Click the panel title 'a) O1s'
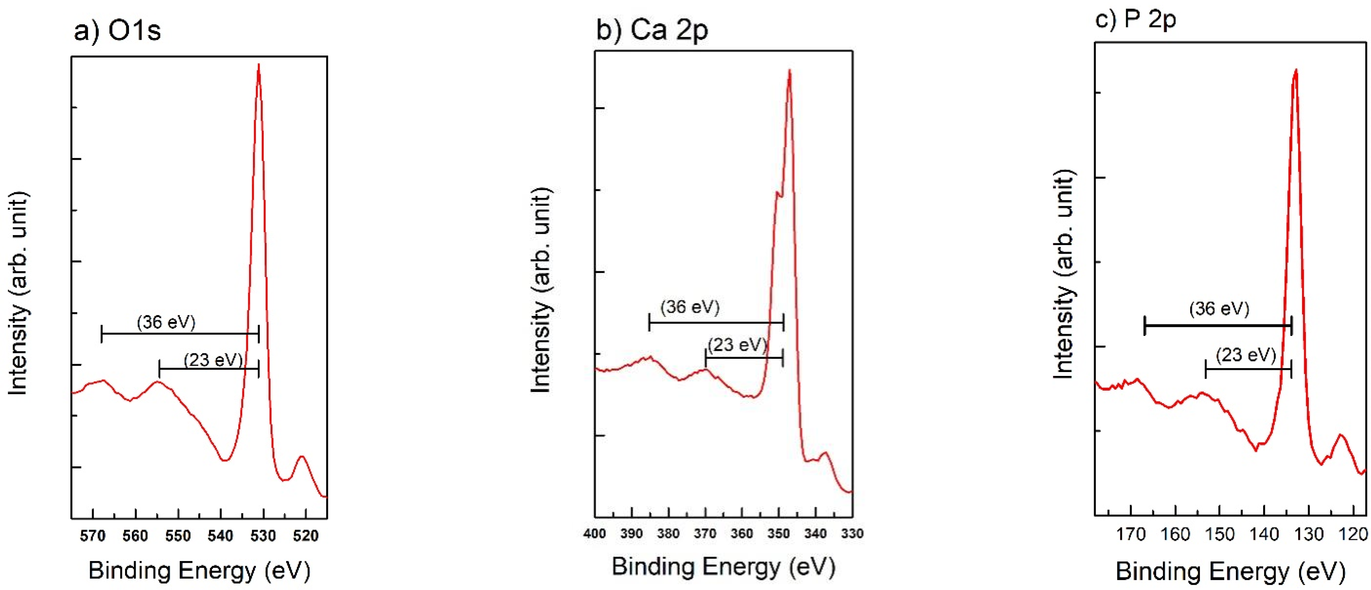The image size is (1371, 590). pos(117,30)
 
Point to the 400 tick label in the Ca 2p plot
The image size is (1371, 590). pos(595,534)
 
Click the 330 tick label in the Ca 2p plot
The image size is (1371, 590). pos(852,534)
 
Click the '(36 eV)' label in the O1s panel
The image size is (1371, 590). pos(166,322)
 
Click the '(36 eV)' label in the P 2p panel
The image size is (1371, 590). pos(1219,309)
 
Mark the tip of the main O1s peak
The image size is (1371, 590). pos(259,65)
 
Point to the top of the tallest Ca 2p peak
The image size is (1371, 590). pos(789,70)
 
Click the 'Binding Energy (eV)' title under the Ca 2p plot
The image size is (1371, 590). pos(723,566)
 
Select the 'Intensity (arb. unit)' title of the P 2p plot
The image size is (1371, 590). pos(1064,274)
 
